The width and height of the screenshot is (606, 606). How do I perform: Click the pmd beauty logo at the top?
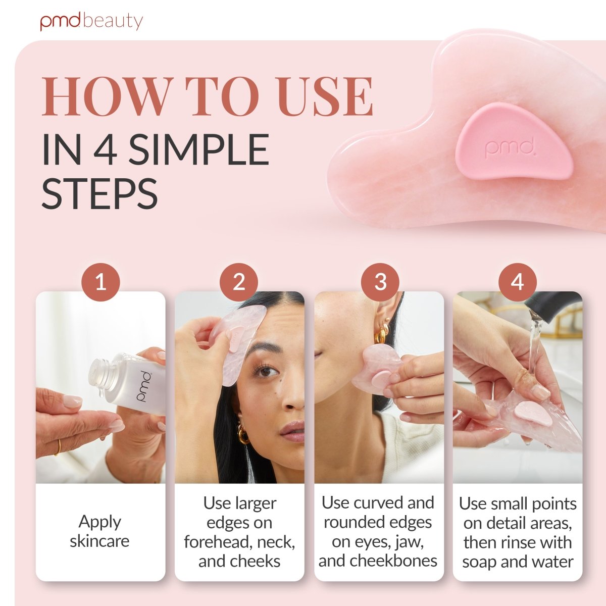tap(91, 21)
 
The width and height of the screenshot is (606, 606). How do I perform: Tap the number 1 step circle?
tap(100, 282)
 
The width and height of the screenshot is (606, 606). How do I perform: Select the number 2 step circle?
tap(239, 282)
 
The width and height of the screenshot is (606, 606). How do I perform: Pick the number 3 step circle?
tap(380, 282)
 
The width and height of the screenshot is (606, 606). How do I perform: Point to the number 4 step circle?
tap(518, 282)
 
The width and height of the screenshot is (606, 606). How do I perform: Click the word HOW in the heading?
tap(107, 96)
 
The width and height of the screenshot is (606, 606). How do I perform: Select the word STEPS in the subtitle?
tap(99, 193)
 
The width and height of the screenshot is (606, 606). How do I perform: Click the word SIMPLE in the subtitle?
tap(199, 149)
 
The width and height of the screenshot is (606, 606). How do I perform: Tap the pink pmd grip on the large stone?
tap(513, 143)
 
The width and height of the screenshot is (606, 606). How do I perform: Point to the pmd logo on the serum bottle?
tap(144, 386)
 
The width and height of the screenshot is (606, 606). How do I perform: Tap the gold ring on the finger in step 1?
tap(58, 447)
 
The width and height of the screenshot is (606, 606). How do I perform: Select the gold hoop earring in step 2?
tap(243, 433)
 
